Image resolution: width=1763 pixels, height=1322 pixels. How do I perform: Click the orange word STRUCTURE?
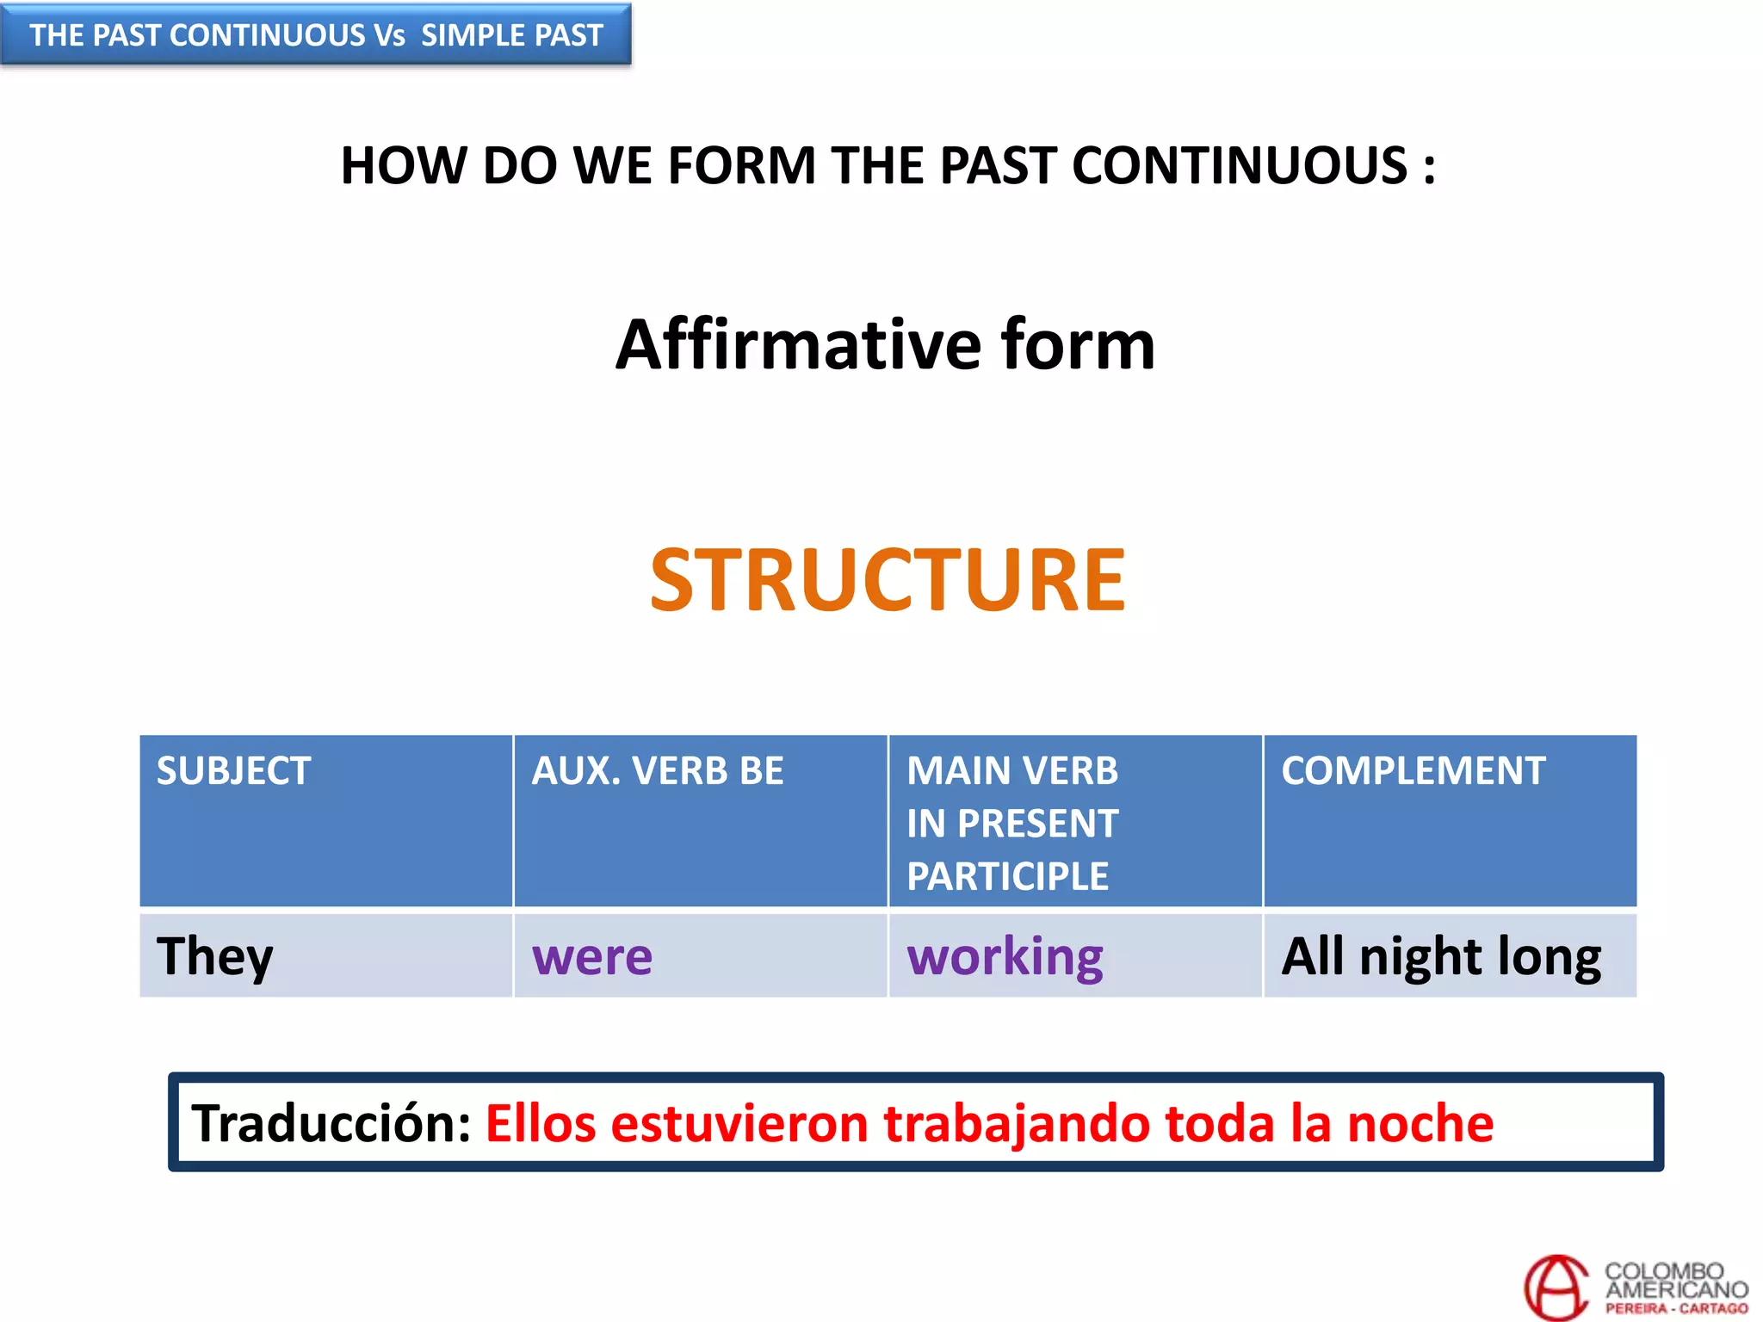[x=887, y=581]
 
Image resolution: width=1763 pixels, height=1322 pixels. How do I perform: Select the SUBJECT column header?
[x=233, y=770]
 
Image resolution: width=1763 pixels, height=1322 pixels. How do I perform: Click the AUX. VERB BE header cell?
[x=658, y=770]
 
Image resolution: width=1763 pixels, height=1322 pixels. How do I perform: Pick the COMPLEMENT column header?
[x=1413, y=770]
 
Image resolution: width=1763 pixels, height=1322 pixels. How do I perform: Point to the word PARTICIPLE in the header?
[x=1007, y=876]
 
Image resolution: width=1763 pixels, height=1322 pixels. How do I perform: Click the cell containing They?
[x=215, y=956]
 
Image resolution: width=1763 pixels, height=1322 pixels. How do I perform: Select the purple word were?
[x=592, y=956]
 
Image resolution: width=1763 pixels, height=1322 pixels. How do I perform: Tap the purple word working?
[x=1005, y=956]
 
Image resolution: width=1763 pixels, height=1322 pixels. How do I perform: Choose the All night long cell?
[x=1441, y=956]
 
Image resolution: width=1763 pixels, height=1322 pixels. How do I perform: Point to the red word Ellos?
[x=541, y=1123]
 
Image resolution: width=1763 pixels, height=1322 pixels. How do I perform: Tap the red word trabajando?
[x=1016, y=1123]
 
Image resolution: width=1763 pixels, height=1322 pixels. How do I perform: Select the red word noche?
[x=1420, y=1123]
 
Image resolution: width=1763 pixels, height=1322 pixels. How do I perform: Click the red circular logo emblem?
[x=1556, y=1288]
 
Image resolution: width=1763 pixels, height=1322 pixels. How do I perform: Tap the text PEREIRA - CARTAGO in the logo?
[x=1676, y=1309]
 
